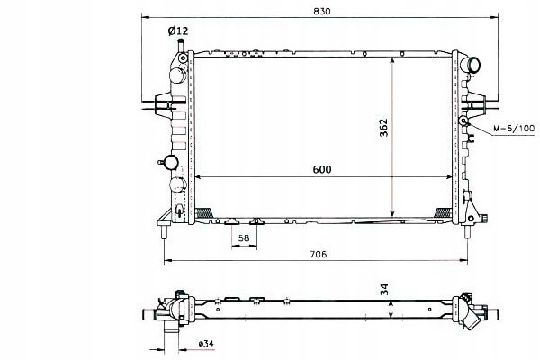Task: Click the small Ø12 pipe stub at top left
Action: tap(181, 46)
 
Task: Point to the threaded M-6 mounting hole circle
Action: tap(463, 121)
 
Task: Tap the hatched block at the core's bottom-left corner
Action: tap(205, 212)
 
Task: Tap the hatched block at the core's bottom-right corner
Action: tap(444, 212)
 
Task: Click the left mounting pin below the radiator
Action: tap(165, 231)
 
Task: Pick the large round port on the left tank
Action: tap(178, 186)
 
